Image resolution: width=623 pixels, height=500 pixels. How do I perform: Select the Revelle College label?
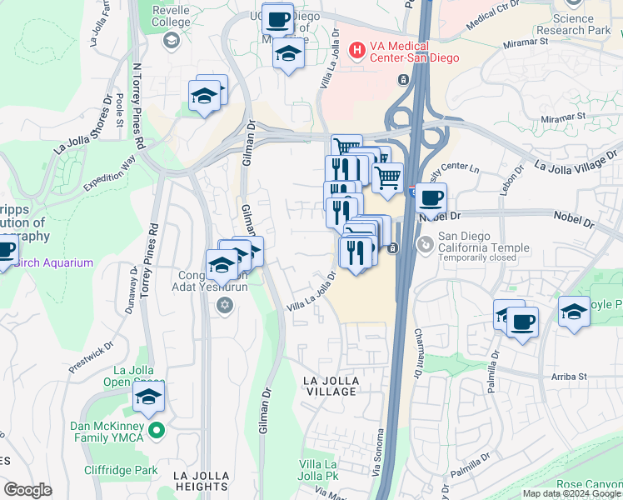pyautogui.click(x=172, y=15)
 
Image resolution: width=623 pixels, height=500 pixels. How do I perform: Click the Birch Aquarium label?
pyautogui.click(x=55, y=262)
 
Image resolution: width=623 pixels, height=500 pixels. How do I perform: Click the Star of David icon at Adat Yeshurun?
pyautogui.click(x=223, y=306)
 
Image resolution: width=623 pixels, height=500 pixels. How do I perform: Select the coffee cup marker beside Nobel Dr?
pyautogui.click(x=431, y=198)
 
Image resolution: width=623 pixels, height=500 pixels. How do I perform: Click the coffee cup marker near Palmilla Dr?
pyautogui.click(x=522, y=322)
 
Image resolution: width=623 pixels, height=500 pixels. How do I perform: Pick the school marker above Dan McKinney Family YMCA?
pyautogui.click(x=148, y=397)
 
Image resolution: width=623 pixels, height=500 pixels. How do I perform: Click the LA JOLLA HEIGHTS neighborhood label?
pyautogui.click(x=201, y=480)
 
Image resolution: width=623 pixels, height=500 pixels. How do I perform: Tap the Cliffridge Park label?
pyautogui.click(x=121, y=470)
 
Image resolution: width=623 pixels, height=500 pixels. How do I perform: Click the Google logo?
pyautogui.click(x=27, y=490)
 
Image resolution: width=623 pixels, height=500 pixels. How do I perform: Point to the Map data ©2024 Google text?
pyautogui.click(x=571, y=493)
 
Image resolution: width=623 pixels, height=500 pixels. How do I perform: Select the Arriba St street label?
pyautogui.click(x=571, y=377)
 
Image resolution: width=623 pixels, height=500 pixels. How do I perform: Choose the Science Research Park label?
pyautogui.click(x=586, y=24)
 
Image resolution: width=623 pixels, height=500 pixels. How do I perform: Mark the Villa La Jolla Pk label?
pyautogui.click(x=318, y=471)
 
